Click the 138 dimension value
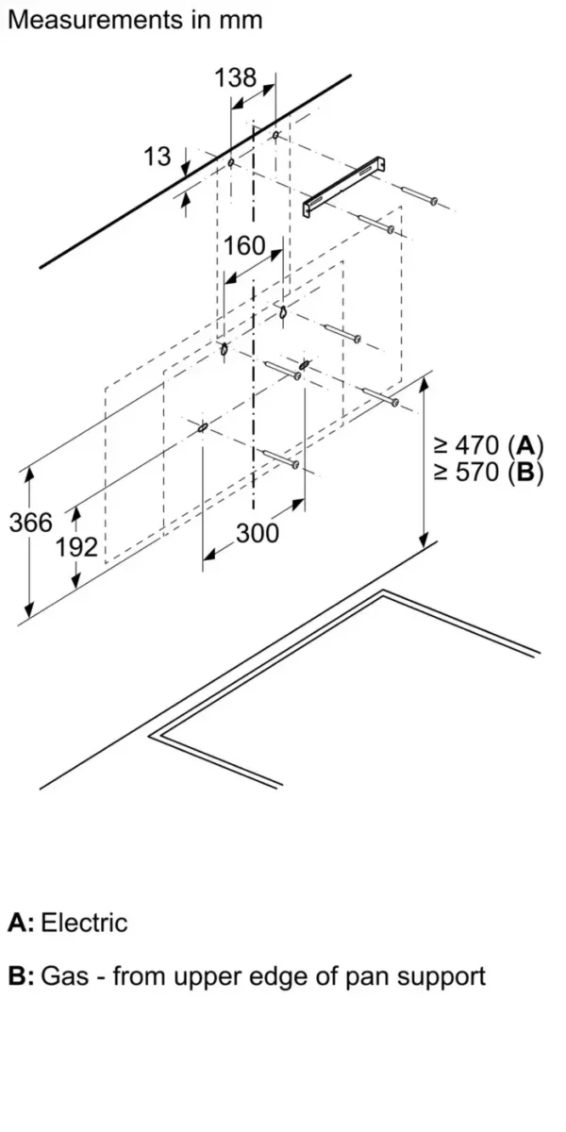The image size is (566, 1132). point(236,77)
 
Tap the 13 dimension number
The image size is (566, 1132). point(158,157)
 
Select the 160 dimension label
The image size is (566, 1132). point(244,246)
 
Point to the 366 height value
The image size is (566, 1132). point(31,522)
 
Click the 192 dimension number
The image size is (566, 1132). point(76,547)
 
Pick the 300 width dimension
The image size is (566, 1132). point(258,534)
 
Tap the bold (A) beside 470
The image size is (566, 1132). point(526,445)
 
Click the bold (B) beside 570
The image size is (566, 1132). point(526,473)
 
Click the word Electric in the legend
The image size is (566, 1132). point(84,923)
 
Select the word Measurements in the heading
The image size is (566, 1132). point(96,20)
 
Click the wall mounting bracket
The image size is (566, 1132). point(344,187)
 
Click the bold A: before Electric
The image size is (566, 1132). point(21,923)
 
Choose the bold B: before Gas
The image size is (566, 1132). point(21,975)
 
